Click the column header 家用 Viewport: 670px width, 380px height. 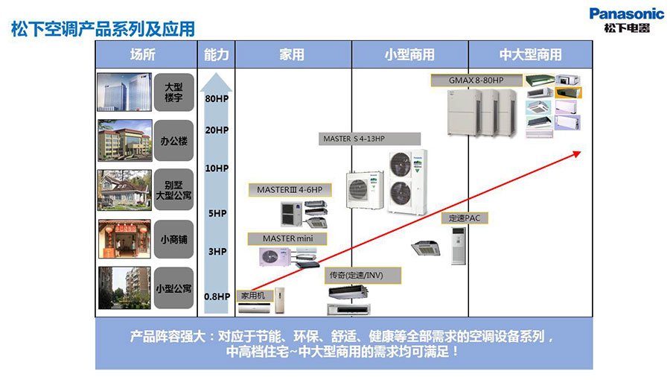[292, 54]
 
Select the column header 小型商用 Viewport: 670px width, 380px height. [409, 54]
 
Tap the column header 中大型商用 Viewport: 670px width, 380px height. [530, 54]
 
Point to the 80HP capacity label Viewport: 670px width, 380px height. [216, 98]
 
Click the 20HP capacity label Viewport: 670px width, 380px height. [216, 130]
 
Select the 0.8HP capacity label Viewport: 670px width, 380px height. [217, 297]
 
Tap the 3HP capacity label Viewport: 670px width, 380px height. [216, 252]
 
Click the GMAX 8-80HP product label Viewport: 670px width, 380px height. [476, 80]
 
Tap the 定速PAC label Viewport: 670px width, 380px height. [465, 218]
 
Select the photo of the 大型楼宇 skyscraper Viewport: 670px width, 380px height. [124, 92]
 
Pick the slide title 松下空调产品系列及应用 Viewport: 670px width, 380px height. [103, 29]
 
